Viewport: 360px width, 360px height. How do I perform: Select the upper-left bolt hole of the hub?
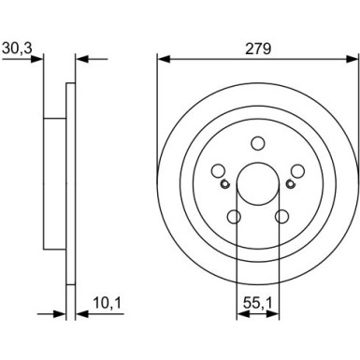[218, 171]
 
